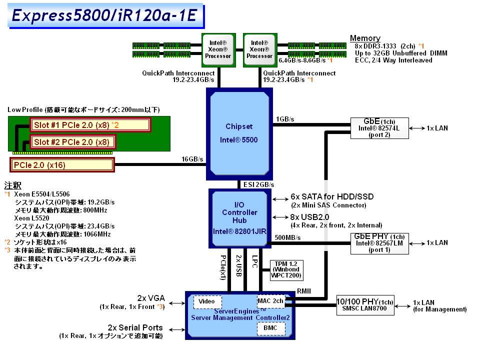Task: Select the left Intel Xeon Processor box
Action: pyautogui.click(x=218, y=49)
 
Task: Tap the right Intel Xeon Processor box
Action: pyautogui.click(x=259, y=49)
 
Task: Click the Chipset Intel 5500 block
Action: pyautogui.click(x=239, y=133)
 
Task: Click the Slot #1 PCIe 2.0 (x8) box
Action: pyautogui.click(x=90, y=124)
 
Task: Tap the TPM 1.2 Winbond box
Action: pyautogui.click(x=285, y=270)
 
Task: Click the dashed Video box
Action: pyautogui.click(x=207, y=301)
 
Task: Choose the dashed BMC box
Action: pyautogui.click(x=270, y=328)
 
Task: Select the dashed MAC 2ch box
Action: pyautogui.click(x=270, y=301)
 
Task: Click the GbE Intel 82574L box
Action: pyautogui.click(x=380, y=128)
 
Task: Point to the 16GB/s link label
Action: pyautogui.click(x=192, y=159)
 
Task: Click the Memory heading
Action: pyautogui.click(x=365, y=38)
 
